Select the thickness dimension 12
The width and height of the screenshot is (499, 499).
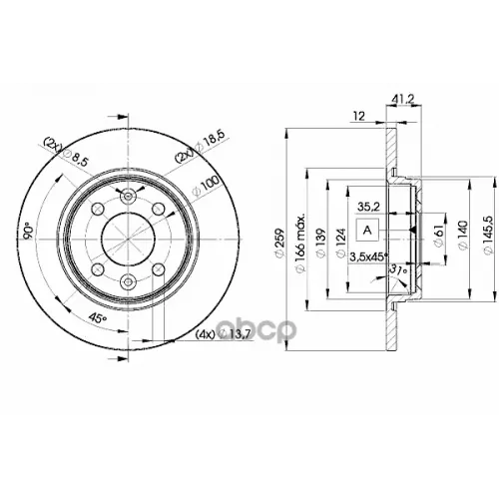click(356, 117)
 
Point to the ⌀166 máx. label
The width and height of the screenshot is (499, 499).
click(303, 240)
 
